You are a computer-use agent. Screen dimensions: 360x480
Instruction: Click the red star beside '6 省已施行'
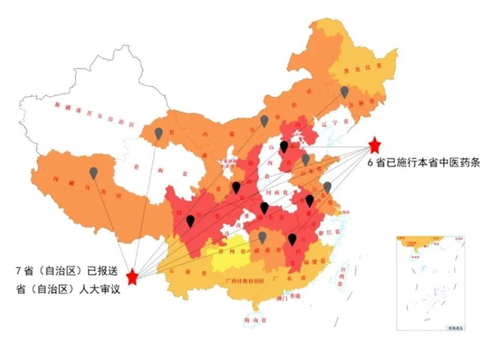point(375,144)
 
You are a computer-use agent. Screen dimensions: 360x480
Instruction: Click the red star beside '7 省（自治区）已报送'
point(133,277)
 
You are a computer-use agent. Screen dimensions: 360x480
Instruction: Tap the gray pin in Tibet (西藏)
point(93,172)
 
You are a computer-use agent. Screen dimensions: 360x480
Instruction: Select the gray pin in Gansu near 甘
point(158,133)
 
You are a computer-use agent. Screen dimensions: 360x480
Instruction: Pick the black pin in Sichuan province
point(190,220)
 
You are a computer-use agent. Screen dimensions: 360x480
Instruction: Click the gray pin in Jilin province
point(344,91)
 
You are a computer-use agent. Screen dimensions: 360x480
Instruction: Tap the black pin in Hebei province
point(284,146)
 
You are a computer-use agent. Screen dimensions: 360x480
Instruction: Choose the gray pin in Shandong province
point(306,159)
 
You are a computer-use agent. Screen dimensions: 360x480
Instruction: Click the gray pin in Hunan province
point(263,237)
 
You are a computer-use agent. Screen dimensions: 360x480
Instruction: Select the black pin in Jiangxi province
point(292,239)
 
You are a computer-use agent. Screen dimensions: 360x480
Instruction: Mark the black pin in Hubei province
point(264,207)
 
